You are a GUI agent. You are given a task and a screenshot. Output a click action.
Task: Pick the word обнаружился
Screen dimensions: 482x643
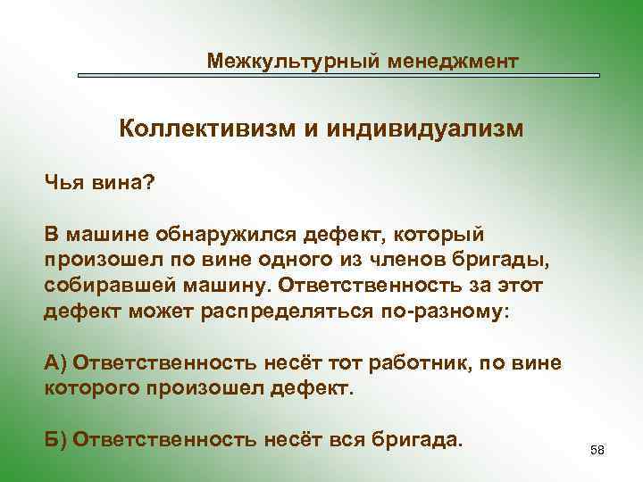(x=233, y=234)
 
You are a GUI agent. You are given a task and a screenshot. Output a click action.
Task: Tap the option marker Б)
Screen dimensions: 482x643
(x=55, y=441)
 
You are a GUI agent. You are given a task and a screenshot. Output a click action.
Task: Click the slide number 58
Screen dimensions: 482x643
(x=597, y=451)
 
